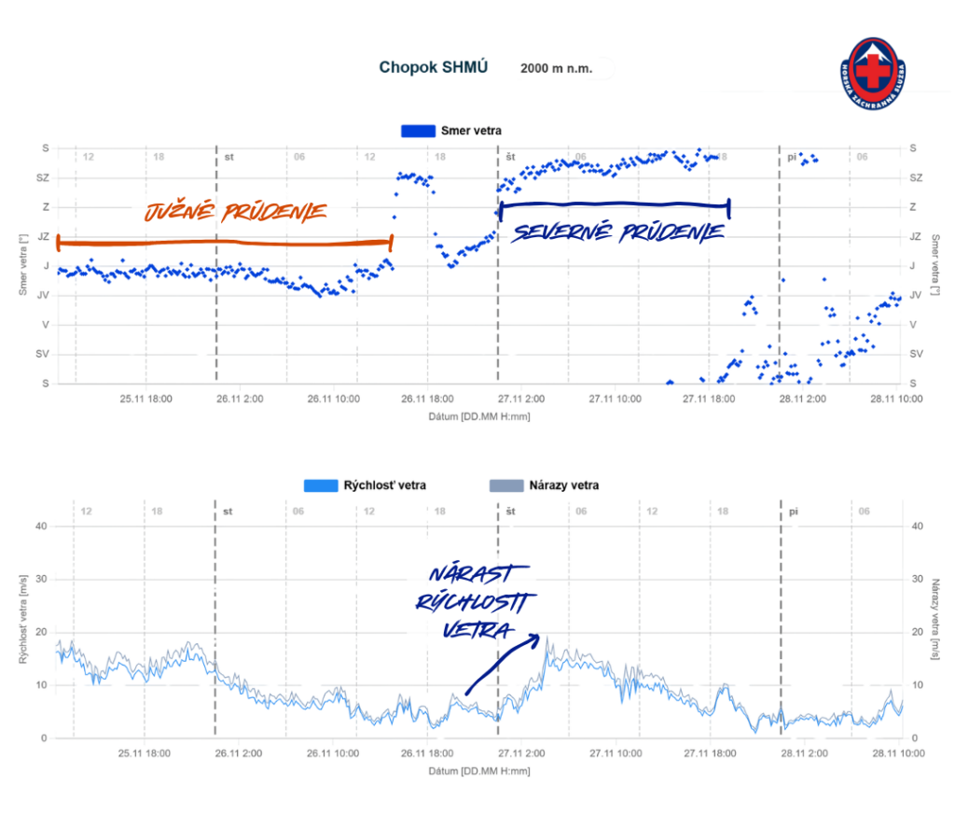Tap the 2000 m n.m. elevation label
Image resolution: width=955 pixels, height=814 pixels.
pyautogui.click(x=556, y=68)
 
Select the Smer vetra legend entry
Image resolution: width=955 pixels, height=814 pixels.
pyautogui.click(x=450, y=131)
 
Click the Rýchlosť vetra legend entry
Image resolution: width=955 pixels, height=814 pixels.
pyautogui.click(x=365, y=485)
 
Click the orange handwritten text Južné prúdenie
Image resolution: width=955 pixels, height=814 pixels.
pyautogui.click(x=235, y=213)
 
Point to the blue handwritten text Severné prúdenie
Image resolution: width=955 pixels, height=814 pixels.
pyautogui.click(x=616, y=232)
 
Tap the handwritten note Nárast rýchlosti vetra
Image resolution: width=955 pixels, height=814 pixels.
pyautogui.click(x=471, y=601)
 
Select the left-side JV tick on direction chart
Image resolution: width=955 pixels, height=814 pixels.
pyautogui.click(x=44, y=295)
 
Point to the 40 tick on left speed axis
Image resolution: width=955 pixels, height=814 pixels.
pyautogui.click(x=40, y=526)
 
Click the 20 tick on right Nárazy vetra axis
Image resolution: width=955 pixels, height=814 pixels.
pyautogui.click(x=915, y=632)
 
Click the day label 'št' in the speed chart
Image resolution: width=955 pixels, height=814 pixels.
pyautogui.click(x=511, y=512)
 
